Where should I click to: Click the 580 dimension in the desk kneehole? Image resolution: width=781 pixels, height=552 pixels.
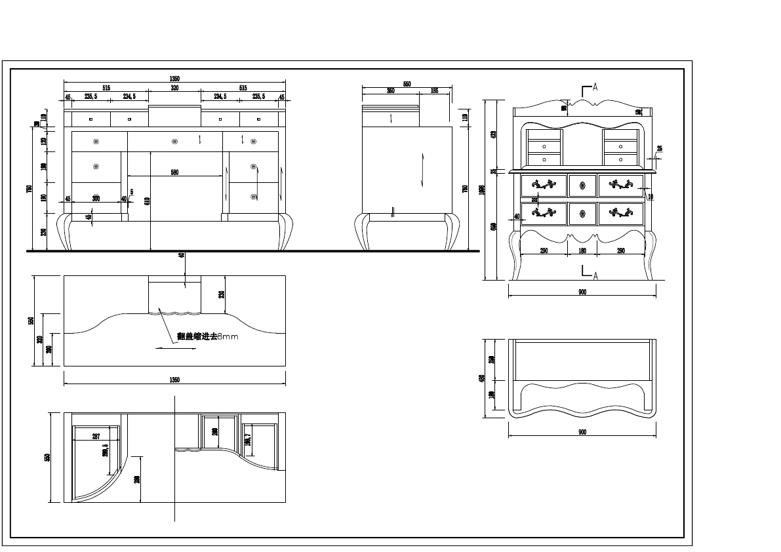(x=174, y=172)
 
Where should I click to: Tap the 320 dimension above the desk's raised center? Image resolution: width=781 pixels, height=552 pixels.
(x=174, y=87)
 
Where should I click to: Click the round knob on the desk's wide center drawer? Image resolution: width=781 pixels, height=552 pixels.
(x=174, y=141)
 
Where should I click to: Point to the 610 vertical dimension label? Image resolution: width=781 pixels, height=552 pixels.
(x=147, y=200)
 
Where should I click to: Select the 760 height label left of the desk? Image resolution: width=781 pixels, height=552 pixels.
(x=29, y=189)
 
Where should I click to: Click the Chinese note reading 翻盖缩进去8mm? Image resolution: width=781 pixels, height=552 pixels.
(x=207, y=336)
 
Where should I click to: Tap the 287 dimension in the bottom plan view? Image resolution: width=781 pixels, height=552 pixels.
(x=96, y=436)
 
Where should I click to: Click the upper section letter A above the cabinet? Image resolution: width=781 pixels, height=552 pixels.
(x=595, y=87)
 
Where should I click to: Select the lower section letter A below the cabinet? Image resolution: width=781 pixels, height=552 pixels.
(x=595, y=276)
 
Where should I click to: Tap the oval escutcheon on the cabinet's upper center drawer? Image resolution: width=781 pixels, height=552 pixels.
(x=582, y=186)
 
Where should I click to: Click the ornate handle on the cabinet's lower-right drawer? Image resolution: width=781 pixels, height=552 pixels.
(x=620, y=212)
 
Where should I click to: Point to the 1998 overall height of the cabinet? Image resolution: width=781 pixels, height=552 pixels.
(x=482, y=189)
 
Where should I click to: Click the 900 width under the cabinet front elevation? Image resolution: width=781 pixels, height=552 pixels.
(x=582, y=292)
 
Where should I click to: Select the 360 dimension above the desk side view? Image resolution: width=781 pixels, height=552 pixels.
(x=391, y=91)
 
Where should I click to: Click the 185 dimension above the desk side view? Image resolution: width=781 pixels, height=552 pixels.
(x=434, y=91)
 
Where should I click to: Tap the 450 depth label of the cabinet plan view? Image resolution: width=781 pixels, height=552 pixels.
(x=482, y=378)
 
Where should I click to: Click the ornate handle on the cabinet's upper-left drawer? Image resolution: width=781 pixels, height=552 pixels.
(x=544, y=186)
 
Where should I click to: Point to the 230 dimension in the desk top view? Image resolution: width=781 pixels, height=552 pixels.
(x=222, y=294)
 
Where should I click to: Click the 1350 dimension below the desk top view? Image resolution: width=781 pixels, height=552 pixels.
(x=174, y=380)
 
